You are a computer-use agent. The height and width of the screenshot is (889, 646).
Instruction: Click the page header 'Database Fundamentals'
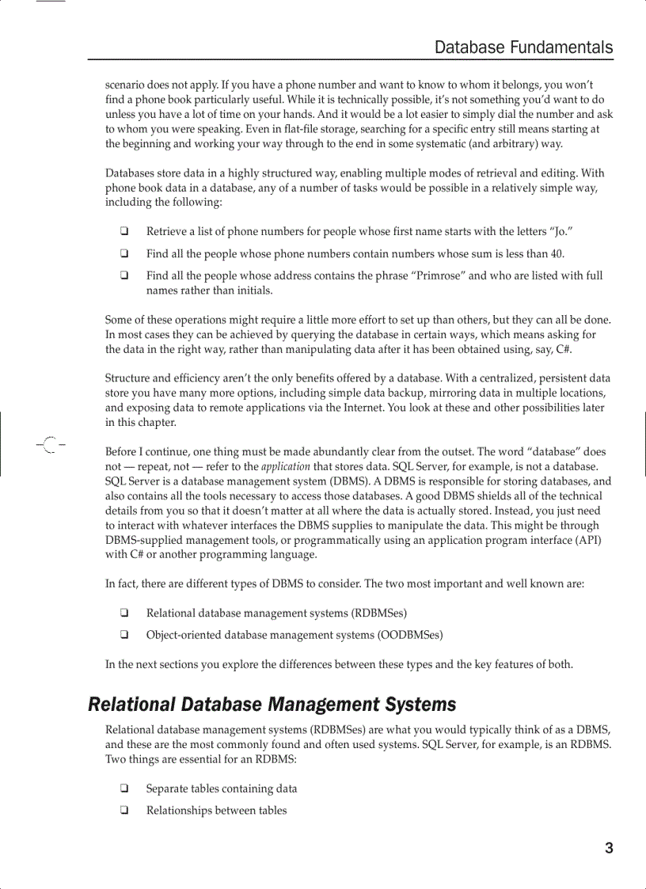[x=523, y=47]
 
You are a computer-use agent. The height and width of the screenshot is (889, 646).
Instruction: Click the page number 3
[x=609, y=849]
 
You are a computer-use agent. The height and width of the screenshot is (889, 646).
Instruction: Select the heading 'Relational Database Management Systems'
[x=272, y=704]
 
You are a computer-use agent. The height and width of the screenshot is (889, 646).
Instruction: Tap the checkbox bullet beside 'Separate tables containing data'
[x=124, y=788]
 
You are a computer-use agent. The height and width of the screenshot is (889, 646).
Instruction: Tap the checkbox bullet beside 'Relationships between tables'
[x=124, y=810]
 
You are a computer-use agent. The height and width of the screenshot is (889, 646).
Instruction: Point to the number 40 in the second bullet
[x=557, y=254]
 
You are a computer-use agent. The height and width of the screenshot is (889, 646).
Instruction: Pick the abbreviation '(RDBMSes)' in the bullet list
[x=379, y=613]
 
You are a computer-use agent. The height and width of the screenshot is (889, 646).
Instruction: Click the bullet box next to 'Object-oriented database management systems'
[x=124, y=635]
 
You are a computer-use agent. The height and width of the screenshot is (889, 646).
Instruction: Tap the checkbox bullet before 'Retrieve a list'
[x=124, y=232]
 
